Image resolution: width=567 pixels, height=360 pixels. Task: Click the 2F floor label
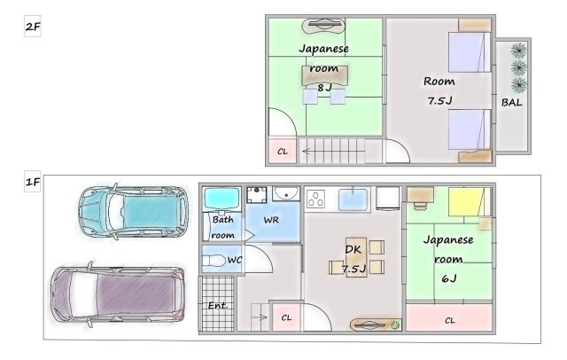click(33, 27)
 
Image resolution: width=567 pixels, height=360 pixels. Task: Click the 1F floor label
click(33, 182)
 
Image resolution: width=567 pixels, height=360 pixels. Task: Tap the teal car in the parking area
click(133, 212)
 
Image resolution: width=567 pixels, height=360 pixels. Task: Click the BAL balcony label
click(512, 103)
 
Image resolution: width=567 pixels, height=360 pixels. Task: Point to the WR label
click(271, 220)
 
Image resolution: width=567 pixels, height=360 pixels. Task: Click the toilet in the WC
click(214, 261)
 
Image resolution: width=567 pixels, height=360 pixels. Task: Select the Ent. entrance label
click(218, 306)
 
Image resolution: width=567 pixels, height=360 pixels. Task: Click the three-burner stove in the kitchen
click(315, 199)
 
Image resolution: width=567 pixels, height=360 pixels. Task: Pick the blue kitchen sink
click(353, 200)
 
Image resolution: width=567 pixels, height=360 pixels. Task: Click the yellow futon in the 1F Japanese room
click(467, 202)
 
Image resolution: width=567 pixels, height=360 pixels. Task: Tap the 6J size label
click(449, 278)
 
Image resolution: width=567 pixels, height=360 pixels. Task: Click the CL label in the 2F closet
click(283, 152)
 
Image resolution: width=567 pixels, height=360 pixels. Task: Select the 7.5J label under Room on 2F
click(439, 100)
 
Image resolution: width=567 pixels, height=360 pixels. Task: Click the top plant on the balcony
click(518, 51)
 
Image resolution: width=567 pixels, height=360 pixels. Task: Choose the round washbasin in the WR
click(286, 193)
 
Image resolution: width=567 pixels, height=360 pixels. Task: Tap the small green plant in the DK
click(396, 325)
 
